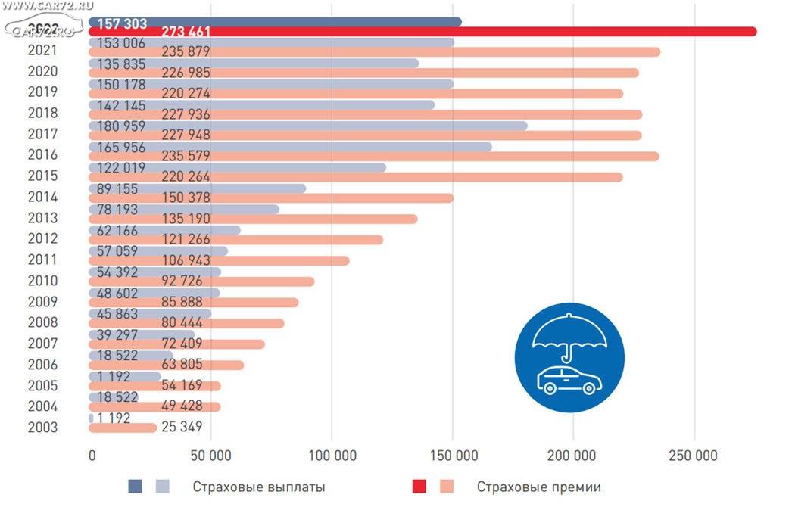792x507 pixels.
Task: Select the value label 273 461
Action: click(186, 32)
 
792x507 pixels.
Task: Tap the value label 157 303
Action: click(122, 23)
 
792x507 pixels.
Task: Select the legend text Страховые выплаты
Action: click(259, 487)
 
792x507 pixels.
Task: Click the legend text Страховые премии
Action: click(539, 487)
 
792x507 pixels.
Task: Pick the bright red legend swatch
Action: click(419, 487)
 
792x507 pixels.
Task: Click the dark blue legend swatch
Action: click(135, 487)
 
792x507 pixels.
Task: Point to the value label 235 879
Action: click(186, 52)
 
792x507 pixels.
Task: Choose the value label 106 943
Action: click(186, 261)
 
